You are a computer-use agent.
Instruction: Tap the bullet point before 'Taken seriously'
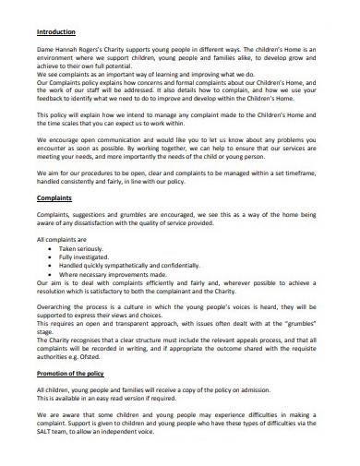coord(49,249)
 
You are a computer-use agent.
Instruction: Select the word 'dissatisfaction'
coord(99,221)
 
